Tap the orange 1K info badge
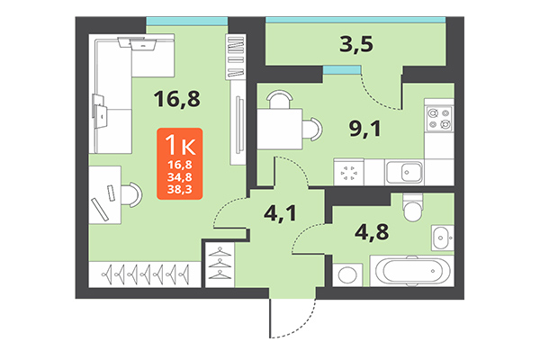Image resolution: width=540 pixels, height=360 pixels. click(178, 163)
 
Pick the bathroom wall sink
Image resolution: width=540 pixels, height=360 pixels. click(442, 237)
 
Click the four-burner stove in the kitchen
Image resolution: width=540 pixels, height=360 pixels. click(440, 122)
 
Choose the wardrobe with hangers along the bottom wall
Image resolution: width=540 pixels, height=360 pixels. click(144, 271)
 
